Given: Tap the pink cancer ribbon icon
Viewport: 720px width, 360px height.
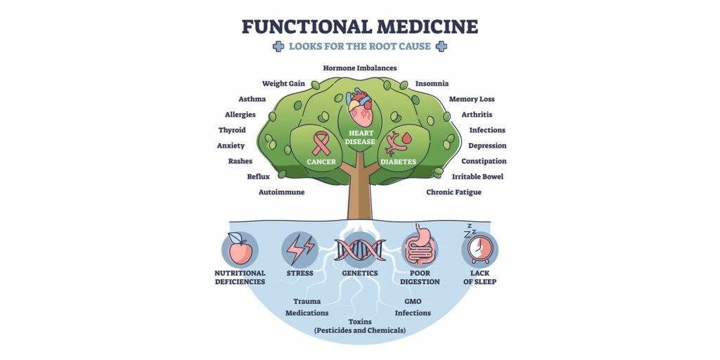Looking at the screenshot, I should click(321, 142).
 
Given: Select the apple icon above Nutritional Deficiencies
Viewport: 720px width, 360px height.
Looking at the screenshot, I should click(240, 250).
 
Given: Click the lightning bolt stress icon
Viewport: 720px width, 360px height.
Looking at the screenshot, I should click(300, 250).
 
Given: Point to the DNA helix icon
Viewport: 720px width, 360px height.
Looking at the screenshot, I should click(360, 250).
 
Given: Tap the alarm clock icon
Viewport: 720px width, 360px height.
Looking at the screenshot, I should click(480, 248).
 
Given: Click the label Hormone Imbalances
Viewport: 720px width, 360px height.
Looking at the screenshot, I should click(360, 68).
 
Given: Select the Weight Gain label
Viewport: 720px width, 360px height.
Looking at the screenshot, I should click(283, 84).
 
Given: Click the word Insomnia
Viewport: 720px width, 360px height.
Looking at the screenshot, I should click(432, 84).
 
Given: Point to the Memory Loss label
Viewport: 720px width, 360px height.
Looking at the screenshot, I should click(472, 99).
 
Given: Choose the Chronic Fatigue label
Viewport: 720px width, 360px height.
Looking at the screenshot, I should click(454, 192).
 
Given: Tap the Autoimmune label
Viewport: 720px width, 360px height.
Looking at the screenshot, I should click(281, 192).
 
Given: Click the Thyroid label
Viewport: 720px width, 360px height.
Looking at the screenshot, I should click(231, 130).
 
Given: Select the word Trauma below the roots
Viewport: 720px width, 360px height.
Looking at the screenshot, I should click(307, 301).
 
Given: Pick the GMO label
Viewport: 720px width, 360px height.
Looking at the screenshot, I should click(413, 301).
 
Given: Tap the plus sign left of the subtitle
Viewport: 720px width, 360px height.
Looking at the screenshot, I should click(278, 46).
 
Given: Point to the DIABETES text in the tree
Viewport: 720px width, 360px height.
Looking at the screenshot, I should click(398, 162).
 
